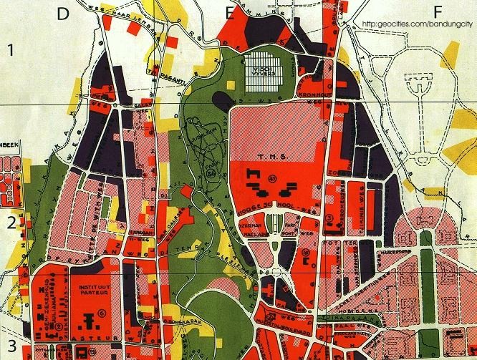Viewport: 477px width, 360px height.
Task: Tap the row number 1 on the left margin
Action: (x=11, y=50)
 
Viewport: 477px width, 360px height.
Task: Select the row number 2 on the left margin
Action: (x=11, y=223)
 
